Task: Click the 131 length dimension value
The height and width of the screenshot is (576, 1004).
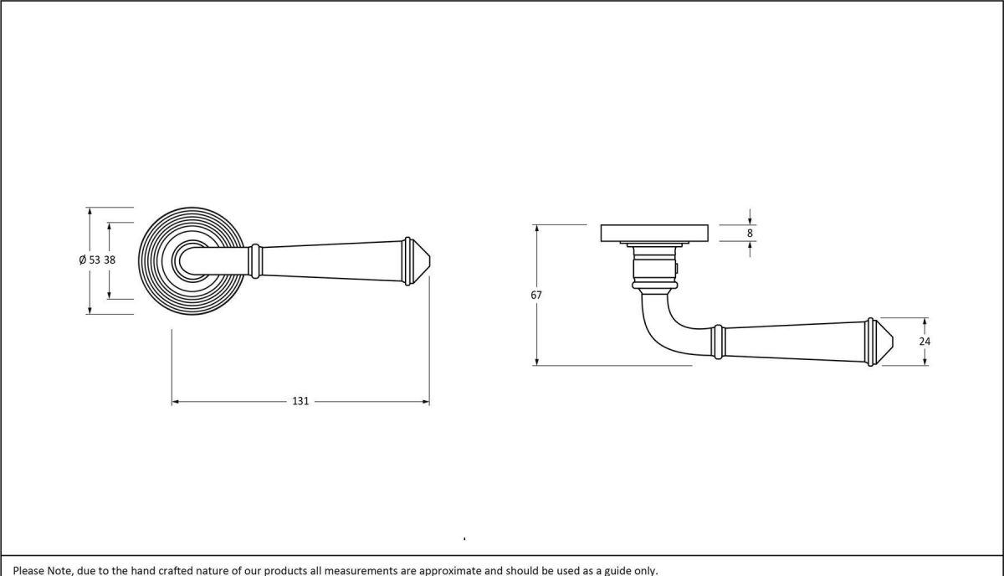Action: [x=300, y=402]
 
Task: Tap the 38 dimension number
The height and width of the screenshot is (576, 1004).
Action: [x=110, y=260]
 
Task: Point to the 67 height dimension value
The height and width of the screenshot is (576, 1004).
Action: [x=536, y=295]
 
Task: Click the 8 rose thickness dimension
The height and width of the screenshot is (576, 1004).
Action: [x=750, y=233]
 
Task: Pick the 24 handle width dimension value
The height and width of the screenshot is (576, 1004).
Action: [x=925, y=342]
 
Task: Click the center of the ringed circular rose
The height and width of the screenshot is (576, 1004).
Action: [x=192, y=260]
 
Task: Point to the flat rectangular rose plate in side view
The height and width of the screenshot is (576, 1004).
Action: [x=655, y=233]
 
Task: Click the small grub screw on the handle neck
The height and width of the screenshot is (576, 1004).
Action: [x=678, y=269]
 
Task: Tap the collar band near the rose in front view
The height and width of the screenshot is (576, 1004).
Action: [x=255, y=260]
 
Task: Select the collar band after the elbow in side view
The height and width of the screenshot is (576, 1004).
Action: [x=717, y=342]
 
